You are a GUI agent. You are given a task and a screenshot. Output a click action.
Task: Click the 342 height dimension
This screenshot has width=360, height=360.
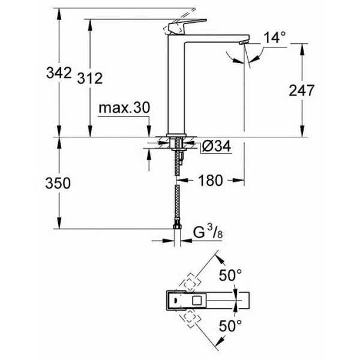pos(59,73)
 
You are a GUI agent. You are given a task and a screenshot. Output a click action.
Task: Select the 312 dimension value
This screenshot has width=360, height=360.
pos(90,78)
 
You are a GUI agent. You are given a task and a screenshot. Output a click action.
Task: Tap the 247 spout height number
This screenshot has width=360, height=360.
pos(301,90)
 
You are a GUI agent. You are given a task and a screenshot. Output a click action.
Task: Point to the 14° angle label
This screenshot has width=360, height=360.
pos(275,37)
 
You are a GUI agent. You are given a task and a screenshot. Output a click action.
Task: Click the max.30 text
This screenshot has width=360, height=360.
pos(124,107)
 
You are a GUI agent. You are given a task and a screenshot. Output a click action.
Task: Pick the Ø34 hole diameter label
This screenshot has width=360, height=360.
pos(217,146)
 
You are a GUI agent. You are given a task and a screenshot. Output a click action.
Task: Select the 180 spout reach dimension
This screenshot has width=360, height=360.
pos(211,181)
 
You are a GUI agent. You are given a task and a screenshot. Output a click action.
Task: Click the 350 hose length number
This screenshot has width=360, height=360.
pos(58,183)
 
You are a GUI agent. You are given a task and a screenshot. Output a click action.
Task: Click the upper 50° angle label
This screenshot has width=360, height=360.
pos(230,275)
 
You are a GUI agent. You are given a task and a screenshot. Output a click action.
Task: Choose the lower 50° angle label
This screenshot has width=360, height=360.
pos(230,326)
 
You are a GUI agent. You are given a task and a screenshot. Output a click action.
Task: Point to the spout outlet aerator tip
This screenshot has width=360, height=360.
pos(243,42)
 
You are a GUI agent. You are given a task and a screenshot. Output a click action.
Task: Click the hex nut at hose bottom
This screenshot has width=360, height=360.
pos(177,227)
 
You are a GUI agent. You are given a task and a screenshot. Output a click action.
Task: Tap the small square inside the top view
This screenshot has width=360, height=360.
pos(197,301)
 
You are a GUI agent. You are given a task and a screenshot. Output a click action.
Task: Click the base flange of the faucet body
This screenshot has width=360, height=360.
pos(176,136)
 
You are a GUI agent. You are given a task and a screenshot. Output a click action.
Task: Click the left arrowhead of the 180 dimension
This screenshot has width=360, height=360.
pos(182,181)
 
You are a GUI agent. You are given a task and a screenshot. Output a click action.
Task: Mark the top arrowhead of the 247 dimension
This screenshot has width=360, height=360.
pos(302,49)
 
